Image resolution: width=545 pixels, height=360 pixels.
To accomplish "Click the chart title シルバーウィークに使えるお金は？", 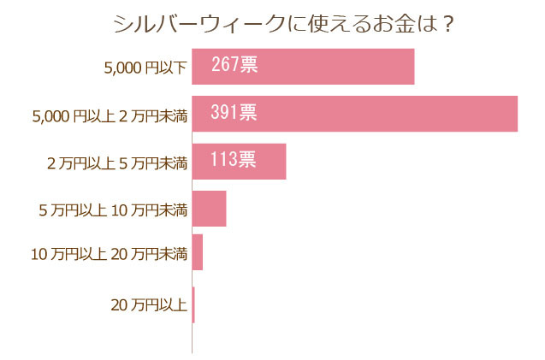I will [283, 24].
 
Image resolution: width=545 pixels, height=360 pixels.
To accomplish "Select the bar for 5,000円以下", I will [303, 67].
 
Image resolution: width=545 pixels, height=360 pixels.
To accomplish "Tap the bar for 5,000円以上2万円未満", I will [354, 114].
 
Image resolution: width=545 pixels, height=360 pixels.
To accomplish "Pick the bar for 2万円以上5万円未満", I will [239, 161].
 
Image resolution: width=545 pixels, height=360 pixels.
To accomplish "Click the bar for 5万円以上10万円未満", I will [209, 209].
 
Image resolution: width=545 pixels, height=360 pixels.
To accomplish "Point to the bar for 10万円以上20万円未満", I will [198, 252].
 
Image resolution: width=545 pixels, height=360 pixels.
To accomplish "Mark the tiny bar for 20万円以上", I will [193, 304].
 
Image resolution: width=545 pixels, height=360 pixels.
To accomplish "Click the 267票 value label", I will [234, 65].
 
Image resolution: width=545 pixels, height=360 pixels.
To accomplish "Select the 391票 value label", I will [234, 112].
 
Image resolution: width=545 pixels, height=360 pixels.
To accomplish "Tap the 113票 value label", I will [233, 159].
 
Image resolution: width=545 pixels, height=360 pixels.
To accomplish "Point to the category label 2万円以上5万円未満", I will [116, 162].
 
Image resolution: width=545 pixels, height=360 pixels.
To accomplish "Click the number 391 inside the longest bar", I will [225, 112].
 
